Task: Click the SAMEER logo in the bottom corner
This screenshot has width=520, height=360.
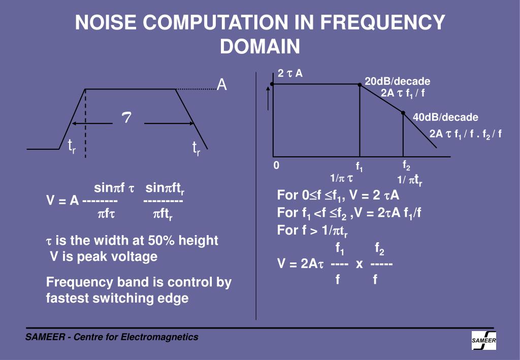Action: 484,340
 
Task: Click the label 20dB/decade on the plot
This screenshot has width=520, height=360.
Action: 397,81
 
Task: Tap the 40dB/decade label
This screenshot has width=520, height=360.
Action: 445,117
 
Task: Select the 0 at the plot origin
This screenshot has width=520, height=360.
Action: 276,166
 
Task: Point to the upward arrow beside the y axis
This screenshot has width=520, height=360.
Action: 268,97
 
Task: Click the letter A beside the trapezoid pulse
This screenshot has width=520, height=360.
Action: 222,85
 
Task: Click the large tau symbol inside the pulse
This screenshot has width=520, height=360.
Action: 126,118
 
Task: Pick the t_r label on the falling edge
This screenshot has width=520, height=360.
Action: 196,148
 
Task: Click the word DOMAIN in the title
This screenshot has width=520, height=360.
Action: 260,47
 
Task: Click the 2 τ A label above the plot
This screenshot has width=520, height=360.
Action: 290,73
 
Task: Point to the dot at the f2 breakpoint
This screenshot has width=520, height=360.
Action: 403,113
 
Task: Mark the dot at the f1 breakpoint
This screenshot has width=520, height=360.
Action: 360,85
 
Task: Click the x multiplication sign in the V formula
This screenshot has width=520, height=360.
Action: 359,264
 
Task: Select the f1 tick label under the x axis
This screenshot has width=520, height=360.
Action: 360,166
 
